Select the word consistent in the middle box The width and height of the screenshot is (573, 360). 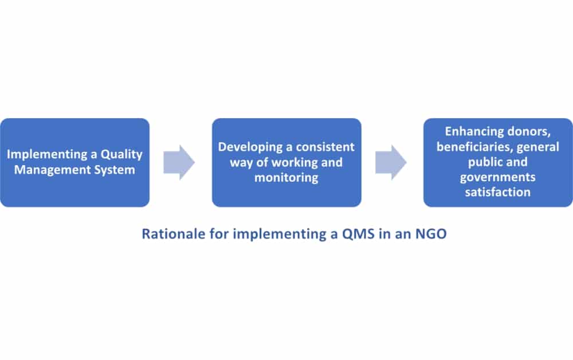point(325,147)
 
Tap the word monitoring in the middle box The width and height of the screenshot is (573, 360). point(286,178)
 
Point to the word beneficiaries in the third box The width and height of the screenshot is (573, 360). point(472,147)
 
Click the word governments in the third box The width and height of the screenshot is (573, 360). point(498,177)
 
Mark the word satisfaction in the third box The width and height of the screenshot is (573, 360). point(498,192)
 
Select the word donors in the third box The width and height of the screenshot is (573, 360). point(529,132)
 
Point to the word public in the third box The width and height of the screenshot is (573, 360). point(478,162)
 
